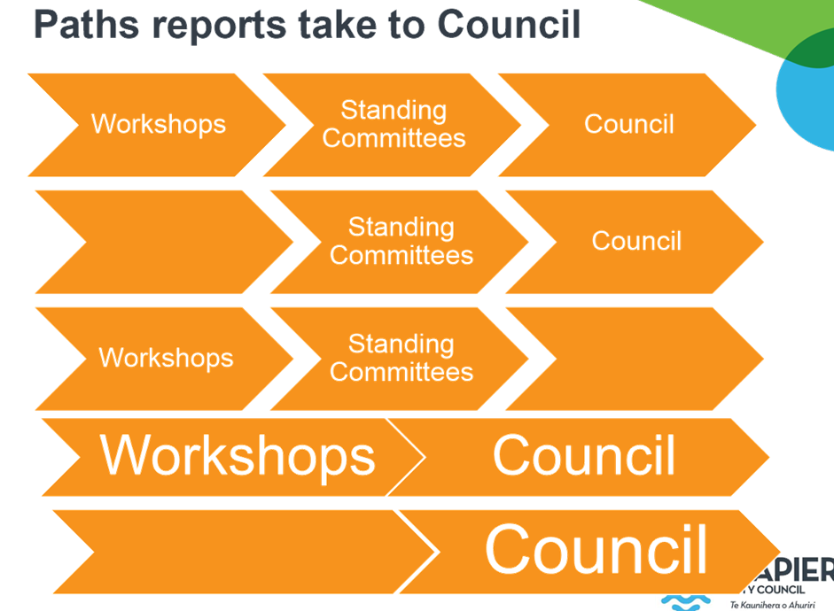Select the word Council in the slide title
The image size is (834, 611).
[509, 24]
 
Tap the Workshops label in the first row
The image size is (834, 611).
[159, 124]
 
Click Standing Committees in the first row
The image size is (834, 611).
[394, 124]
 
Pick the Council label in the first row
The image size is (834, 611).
[628, 124]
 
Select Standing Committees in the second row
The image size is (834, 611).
[401, 241]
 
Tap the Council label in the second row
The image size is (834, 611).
[636, 241]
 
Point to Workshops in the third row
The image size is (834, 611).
[166, 358]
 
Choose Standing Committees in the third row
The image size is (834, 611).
[401, 358]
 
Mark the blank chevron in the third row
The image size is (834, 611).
[634, 358]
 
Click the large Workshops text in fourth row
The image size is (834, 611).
[238, 456]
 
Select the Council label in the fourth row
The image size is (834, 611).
[583, 456]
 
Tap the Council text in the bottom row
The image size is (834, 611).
[596, 550]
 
